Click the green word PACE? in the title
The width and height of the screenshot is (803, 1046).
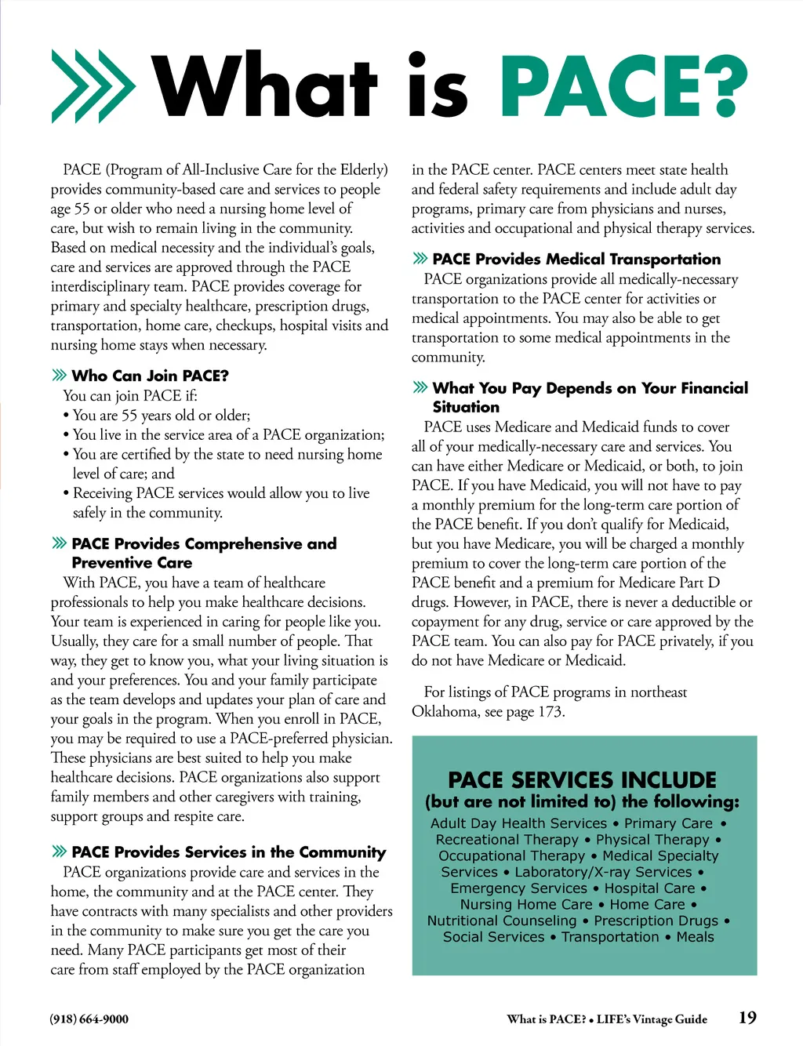click(623, 86)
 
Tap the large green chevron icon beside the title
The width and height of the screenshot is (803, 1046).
click(93, 86)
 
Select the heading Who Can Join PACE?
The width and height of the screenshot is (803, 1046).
click(150, 376)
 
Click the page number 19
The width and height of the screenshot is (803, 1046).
click(747, 1018)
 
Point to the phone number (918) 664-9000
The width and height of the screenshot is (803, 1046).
click(89, 1019)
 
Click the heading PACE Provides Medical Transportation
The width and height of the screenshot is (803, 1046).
click(576, 259)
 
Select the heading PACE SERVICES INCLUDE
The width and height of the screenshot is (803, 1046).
click(582, 780)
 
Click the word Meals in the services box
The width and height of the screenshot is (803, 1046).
click(695, 937)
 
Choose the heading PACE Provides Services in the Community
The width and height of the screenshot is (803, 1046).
click(228, 852)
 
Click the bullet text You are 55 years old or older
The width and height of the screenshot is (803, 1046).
click(162, 415)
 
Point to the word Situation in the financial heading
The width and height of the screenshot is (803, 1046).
click(466, 407)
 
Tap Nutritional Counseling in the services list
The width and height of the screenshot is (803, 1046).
click(502, 921)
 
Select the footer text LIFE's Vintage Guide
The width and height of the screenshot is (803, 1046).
click(652, 1019)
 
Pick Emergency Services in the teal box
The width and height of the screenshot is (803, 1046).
click(518, 888)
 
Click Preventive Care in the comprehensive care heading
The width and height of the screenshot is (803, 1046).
click(132, 562)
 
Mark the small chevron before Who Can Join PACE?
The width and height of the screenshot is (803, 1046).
click(59, 375)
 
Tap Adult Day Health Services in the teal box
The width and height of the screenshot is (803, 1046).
click(518, 823)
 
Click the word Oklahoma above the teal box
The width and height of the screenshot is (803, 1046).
click(445, 711)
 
